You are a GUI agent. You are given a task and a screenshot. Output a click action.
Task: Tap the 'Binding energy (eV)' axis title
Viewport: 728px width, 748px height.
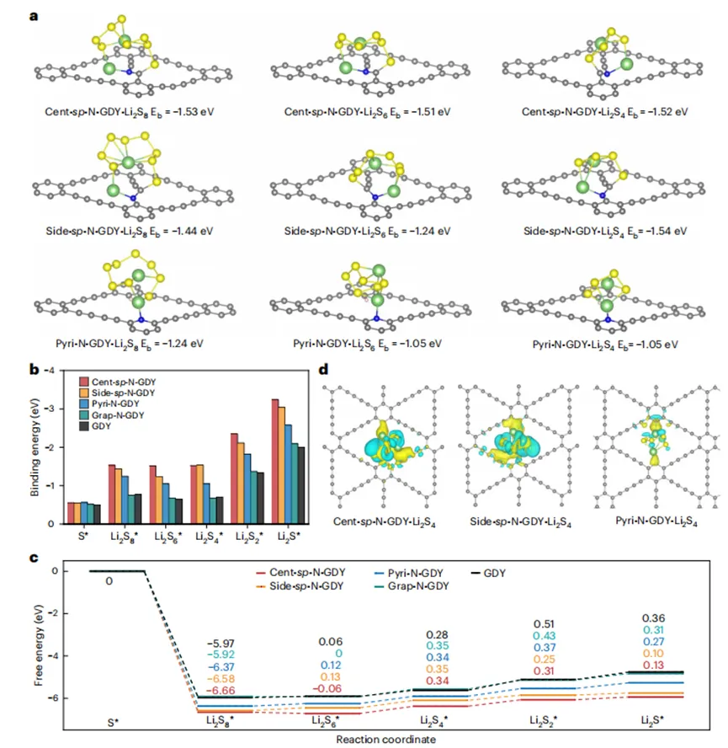[35, 447]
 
